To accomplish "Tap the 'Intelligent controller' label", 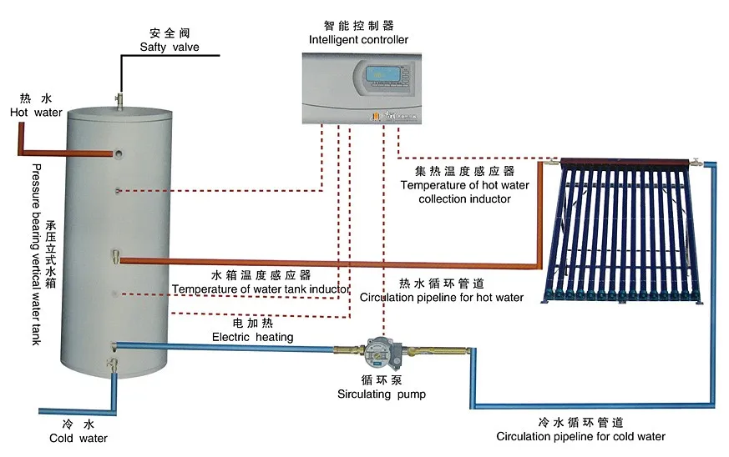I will pos(358,39).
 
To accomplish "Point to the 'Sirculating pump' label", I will pos(381,394).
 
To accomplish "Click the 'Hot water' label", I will pos(36,112).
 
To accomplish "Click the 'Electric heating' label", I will pos(252,337).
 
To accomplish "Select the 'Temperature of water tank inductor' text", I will pos(260,289).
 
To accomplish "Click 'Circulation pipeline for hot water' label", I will pos(442,298).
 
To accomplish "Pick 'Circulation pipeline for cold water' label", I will pos(580,436).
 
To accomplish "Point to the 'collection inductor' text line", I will pos(464,199).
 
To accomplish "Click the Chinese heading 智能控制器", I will pos(358,26).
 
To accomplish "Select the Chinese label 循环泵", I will pos(381,380).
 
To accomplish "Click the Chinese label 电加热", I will pos(252,323).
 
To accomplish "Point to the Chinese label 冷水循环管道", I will pos(580,422).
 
